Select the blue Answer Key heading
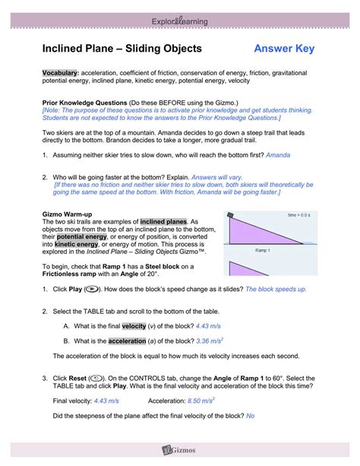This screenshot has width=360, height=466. click(284, 49)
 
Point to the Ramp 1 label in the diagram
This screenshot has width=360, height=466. click(264, 249)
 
